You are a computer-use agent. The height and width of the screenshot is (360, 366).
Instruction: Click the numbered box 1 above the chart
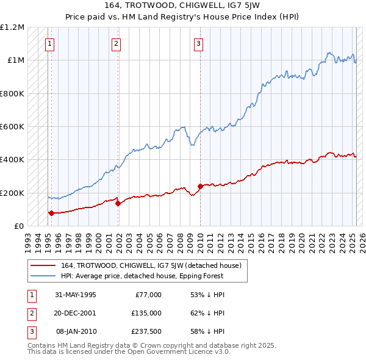tap(49, 43)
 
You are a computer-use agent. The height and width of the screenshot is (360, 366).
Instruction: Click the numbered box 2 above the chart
tap(116, 43)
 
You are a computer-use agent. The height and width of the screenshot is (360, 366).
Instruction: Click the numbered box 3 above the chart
tap(199, 43)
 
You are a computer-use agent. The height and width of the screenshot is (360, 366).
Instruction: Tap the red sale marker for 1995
tap(51, 213)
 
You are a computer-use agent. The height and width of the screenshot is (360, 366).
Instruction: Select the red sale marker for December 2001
tap(118, 204)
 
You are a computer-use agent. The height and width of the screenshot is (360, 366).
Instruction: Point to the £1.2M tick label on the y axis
tap(12, 27)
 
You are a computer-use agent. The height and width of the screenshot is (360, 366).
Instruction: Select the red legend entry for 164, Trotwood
tap(151, 265)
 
